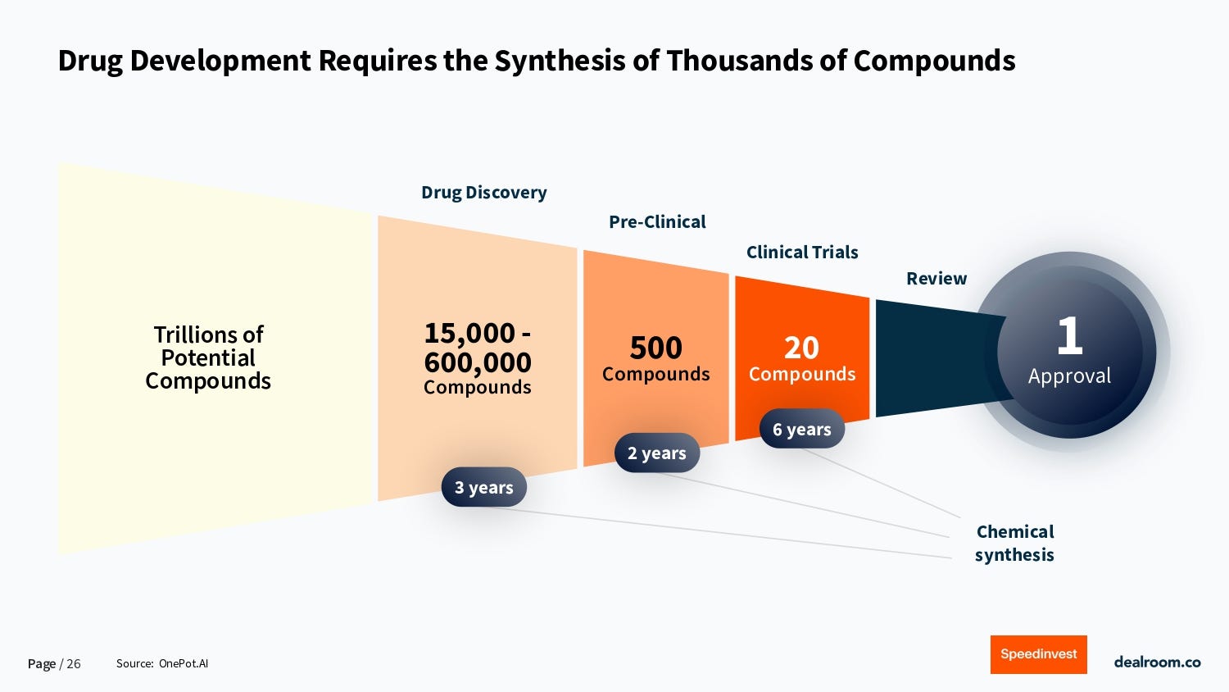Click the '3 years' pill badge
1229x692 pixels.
tap(483, 487)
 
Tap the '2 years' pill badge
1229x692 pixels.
tap(657, 453)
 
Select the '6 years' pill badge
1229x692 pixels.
tap(801, 429)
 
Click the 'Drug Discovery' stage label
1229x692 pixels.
tap(483, 193)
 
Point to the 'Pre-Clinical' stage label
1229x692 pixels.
tap(657, 222)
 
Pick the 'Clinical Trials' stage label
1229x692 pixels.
tap(802, 253)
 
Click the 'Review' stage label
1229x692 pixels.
tap(936, 279)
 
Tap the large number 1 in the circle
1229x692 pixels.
tap(1069, 335)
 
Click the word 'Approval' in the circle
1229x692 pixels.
tap(1069, 376)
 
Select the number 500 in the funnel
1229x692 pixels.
tap(655, 348)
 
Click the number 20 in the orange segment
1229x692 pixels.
tap(801, 348)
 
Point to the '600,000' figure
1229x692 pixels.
tap(478, 362)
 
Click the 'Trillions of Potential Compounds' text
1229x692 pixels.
tap(208, 357)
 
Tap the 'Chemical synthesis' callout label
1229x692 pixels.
tap(1014, 543)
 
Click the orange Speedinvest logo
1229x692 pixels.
tap(1038, 654)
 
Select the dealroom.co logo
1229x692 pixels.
tap(1157, 662)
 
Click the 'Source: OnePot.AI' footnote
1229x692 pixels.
tap(162, 663)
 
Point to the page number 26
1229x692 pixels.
tap(74, 664)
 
